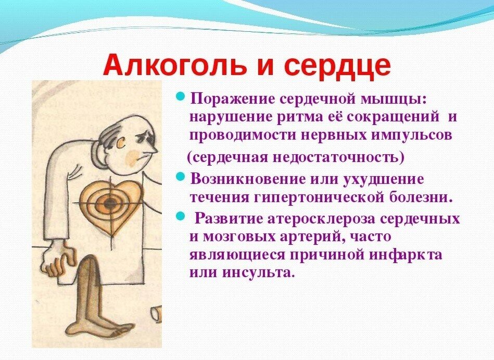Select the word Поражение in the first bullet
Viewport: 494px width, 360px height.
(x=232, y=100)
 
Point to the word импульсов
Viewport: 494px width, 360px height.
(x=411, y=135)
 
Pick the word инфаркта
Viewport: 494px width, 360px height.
(x=406, y=255)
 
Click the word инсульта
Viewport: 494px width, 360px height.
(x=258, y=272)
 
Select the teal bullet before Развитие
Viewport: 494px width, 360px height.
(x=180, y=216)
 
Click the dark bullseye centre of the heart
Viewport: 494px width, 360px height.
(x=110, y=203)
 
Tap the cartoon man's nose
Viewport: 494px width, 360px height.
(x=151, y=147)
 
